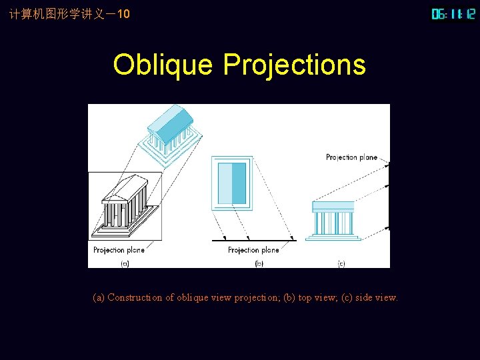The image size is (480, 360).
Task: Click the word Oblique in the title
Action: coord(163,65)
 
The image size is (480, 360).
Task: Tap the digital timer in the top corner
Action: coord(453,14)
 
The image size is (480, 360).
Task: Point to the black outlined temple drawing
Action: coord(125,206)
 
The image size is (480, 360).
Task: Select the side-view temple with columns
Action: coord(333,219)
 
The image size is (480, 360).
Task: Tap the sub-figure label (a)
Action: coord(124,264)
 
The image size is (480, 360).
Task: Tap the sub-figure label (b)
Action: coord(260,264)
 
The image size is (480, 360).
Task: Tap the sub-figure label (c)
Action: coord(341,264)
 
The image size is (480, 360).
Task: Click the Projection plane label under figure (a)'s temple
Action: coord(119,250)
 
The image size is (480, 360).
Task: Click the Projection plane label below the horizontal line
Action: coord(253,250)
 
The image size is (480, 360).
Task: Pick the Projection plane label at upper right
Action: coord(351,157)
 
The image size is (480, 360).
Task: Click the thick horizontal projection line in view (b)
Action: coord(254,239)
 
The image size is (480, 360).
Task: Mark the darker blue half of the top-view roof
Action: coord(239,183)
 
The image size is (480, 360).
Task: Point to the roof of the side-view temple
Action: coord(333,207)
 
